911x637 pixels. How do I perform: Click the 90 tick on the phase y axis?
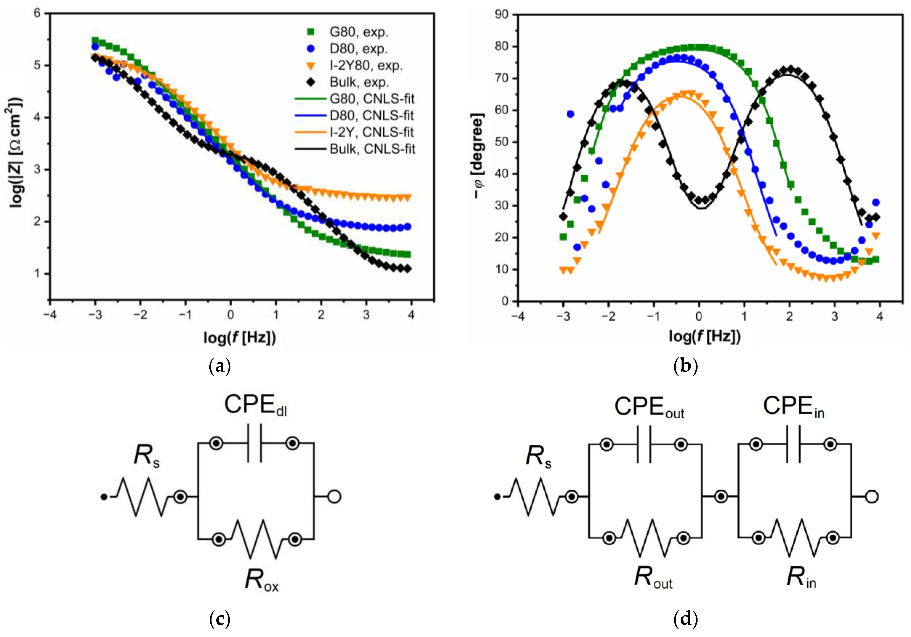(502, 15)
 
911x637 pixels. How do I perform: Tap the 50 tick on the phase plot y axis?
(502, 142)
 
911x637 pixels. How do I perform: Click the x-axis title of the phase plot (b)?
(705, 337)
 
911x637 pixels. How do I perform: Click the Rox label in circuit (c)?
(261, 580)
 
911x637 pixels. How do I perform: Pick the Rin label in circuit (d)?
(801, 577)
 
